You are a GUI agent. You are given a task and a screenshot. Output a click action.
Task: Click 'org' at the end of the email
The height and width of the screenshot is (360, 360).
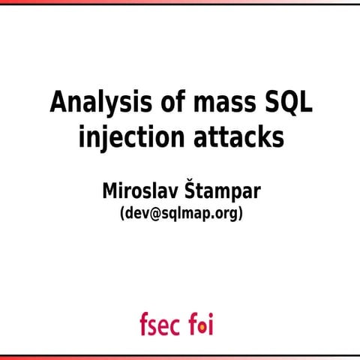point(225,214)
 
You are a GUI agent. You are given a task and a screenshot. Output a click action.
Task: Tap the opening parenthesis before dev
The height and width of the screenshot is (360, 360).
point(122,214)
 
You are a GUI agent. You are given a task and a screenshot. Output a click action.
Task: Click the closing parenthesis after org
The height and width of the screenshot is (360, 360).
point(240,214)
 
